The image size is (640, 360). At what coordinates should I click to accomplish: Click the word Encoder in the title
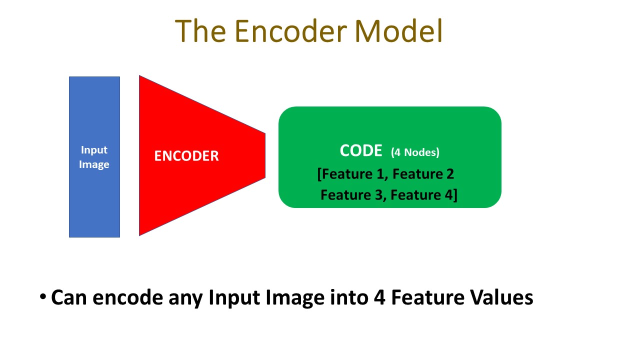click(290, 31)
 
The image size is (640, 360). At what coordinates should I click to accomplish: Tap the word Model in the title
click(398, 31)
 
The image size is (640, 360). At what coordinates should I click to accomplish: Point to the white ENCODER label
click(186, 156)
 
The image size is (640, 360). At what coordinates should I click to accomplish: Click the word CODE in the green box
click(360, 151)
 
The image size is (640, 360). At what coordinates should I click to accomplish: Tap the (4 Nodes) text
click(415, 152)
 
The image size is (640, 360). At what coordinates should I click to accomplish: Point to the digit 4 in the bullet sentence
click(378, 298)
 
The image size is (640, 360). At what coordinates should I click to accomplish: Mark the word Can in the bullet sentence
click(69, 298)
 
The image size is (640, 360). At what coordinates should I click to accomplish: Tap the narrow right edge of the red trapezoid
click(264, 155)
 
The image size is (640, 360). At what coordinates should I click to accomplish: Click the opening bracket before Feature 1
click(319, 174)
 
